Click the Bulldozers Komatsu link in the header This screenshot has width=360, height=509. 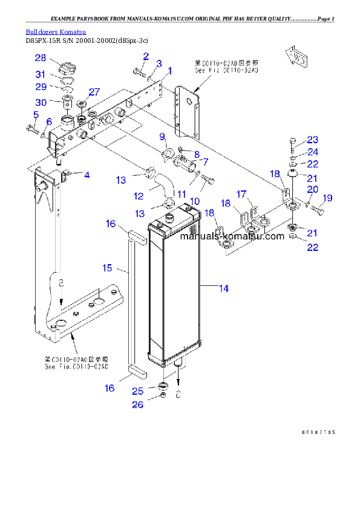pyautogui.click(x=56, y=31)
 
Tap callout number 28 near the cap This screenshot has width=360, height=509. pyautogui.click(x=40, y=58)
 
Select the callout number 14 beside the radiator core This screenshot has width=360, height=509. pyautogui.click(x=223, y=289)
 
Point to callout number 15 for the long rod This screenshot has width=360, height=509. pyautogui.click(x=106, y=267)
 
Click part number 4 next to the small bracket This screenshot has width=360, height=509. pyautogui.click(x=87, y=175)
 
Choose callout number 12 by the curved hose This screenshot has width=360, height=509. pyautogui.click(x=139, y=196)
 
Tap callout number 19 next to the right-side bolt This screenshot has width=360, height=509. pyautogui.click(x=327, y=198)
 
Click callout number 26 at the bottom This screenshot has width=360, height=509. pyautogui.click(x=138, y=405)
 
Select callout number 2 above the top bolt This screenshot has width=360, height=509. pyautogui.click(x=146, y=56)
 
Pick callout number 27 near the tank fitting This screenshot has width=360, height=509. pyautogui.click(x=94, y=92)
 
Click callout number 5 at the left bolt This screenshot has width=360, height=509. pyautogui.click(x=36, y=115)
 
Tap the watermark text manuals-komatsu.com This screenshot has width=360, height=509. pyautogui.click(x=232, y=236)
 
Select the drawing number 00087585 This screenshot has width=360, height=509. pyautogui.click(x=318, y=433)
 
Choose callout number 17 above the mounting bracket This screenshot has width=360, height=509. pyautogui.click(x=241, y=194)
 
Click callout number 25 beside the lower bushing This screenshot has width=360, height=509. pyautogui.click(x=138, y=391)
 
